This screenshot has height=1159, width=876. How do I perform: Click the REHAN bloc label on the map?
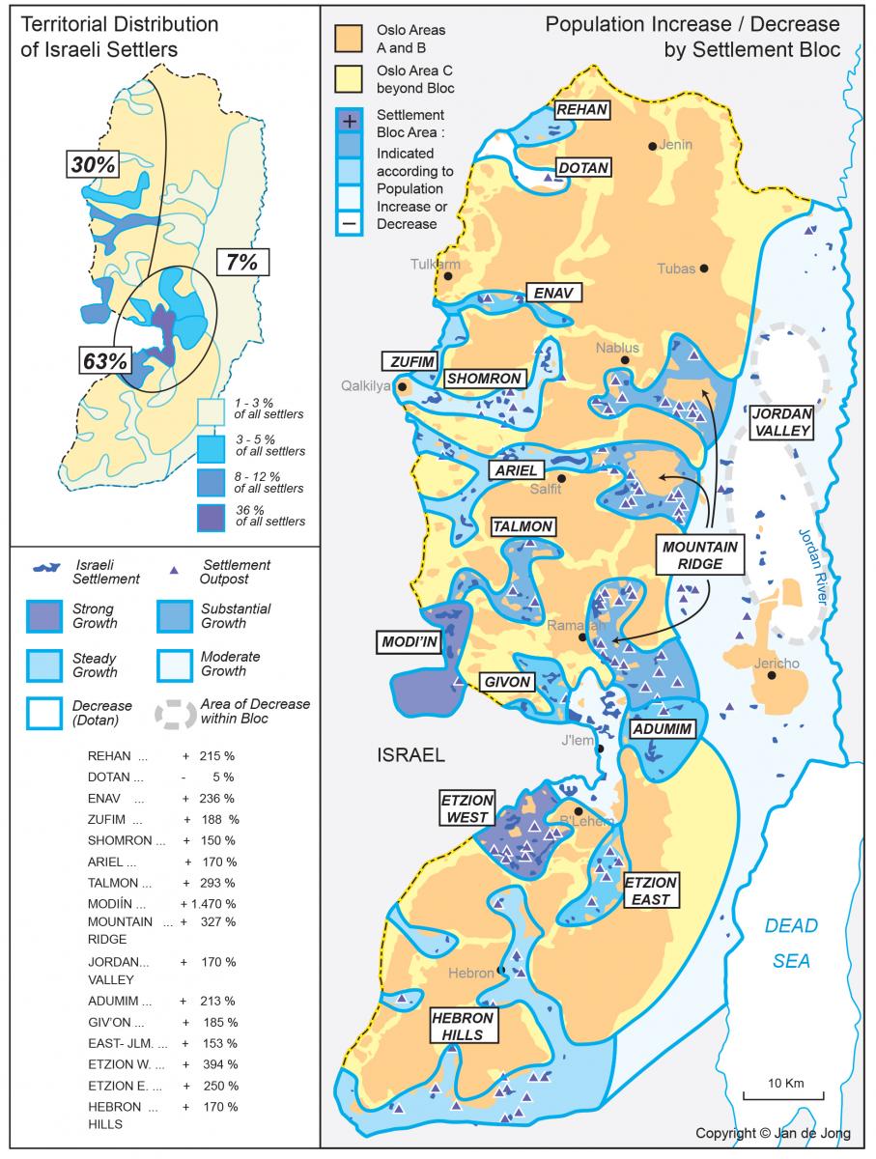(x=582, y=110)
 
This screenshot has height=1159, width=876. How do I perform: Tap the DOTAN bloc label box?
(x=584, y=168)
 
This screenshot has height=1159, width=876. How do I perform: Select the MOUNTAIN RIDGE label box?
(x=700, y=555)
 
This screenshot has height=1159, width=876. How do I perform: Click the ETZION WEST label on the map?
(x=466, y=808)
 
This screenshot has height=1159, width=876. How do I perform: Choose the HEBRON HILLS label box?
(x=463, y=1026)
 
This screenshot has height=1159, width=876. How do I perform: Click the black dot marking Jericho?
(x=772, y=675)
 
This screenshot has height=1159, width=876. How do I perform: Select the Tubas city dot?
(x=705, y=269)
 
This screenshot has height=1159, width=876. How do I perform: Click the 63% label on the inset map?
(x=106, y=361)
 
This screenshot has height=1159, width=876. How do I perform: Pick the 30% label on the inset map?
(x=93, y=164)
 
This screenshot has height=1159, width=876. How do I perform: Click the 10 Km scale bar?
(x=782, y=1094)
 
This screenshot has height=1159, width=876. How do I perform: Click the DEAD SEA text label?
(x=791, y=943)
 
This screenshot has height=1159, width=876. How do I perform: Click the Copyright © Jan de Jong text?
(x=773, y=1133)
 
